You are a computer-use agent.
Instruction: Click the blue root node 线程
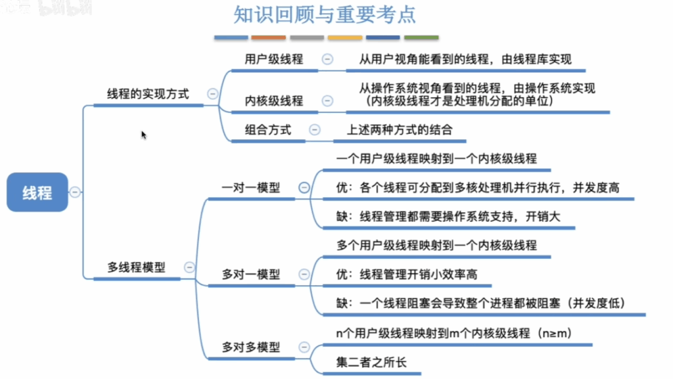(37, 192)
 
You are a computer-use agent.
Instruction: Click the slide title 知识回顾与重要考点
(325, 14)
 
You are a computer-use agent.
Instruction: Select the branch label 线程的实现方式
(148, 94)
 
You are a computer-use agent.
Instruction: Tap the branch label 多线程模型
(137, 267)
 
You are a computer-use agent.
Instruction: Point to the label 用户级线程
(274, 59)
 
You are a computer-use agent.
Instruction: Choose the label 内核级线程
(274, 100)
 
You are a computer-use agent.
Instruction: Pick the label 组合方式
(268, 129)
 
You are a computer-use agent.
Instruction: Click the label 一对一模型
(250, 187)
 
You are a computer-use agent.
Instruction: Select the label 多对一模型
(250, 274)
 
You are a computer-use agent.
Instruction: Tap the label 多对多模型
(250, 347)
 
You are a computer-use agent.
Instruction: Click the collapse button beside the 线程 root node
(75, 192)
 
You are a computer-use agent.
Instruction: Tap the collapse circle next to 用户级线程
(327, 59)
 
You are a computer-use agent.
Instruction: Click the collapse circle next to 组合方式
(315, 129)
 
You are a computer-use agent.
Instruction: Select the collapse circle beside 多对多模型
(304, 347)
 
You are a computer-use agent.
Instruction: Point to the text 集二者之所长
(371, 363)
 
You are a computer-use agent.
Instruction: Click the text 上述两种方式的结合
(400, 129)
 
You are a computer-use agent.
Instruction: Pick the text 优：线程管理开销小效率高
(406, 274)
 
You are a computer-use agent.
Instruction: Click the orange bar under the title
(268, 37)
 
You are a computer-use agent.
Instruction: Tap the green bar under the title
(421, 37)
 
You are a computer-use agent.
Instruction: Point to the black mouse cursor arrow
(143, 135)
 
